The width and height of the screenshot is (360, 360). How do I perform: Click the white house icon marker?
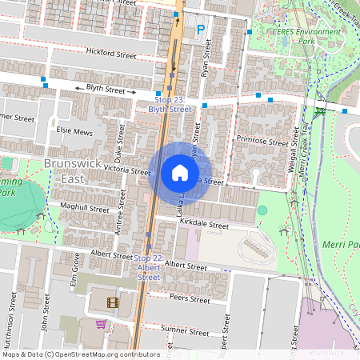[180, 172]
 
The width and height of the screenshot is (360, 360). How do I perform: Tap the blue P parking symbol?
[201, 30]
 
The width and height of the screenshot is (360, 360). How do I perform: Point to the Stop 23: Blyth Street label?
[170, 103]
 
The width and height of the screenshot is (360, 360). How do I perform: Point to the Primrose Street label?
[262, 141]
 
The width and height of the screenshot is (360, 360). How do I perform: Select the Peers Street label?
[190, 299]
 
